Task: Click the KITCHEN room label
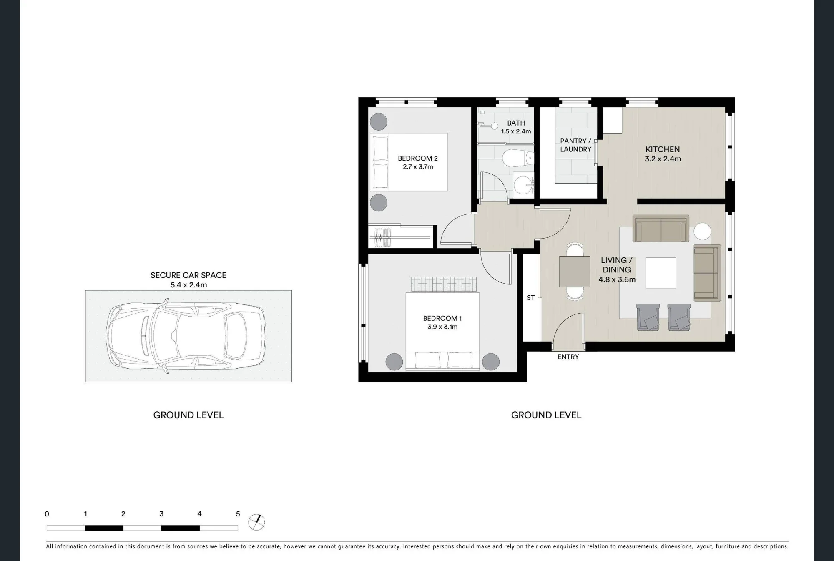(663, 149)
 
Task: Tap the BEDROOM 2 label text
(417, 158)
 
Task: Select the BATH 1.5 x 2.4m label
(516, 127)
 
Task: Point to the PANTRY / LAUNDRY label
(575, 145)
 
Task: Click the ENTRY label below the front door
(568, 357)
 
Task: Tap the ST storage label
(530, 298)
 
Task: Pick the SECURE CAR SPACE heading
(188, 275)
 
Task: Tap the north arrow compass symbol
(256, 522)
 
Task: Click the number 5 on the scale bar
(238, 514)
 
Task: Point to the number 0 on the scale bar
(47, 514)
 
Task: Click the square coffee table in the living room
(661, 273)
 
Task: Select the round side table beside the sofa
(702, 232)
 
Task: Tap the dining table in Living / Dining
(574, 271)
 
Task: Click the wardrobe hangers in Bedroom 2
(382, 237)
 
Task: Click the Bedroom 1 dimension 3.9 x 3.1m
(442, 327)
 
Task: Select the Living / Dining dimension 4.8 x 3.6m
(617, 279)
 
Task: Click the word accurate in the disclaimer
(267, 546)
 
